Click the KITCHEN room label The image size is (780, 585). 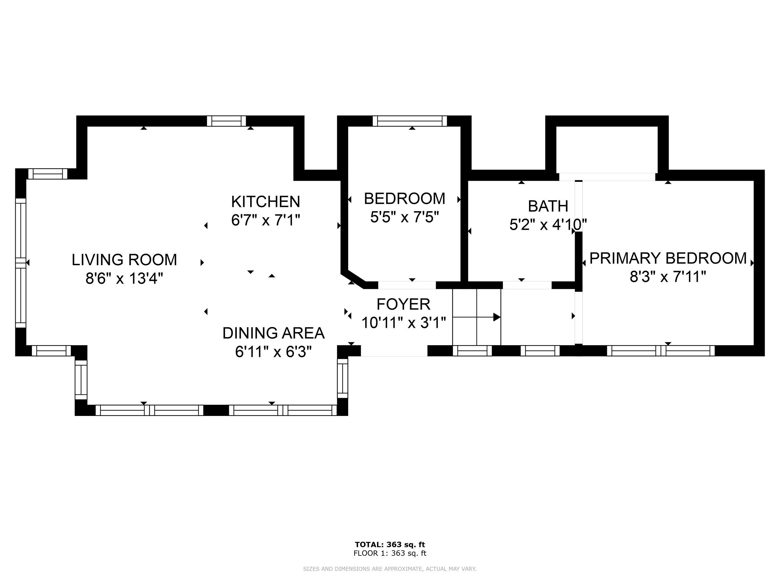point(265,202)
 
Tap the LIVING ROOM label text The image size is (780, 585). point(124,260)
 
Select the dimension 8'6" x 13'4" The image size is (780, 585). point(124,279)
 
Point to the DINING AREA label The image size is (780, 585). point(273,333)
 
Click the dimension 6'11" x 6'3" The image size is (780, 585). point(273,352)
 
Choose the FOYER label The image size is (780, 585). point(403,304)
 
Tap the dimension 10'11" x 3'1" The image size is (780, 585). point(404,323)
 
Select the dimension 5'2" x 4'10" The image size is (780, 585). point(548,225)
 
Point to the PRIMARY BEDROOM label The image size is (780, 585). point(668,259)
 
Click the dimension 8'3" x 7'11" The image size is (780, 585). point(668,277)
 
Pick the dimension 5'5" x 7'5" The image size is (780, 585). point(404,217)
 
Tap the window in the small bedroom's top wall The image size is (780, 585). point(410,121)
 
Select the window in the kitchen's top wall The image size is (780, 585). point(226,121)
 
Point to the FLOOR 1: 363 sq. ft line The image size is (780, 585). point(390,553)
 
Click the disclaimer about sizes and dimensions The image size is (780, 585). point(390,569)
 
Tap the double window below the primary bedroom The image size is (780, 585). point(660,351)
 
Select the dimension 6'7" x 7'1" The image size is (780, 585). point(265,220)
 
